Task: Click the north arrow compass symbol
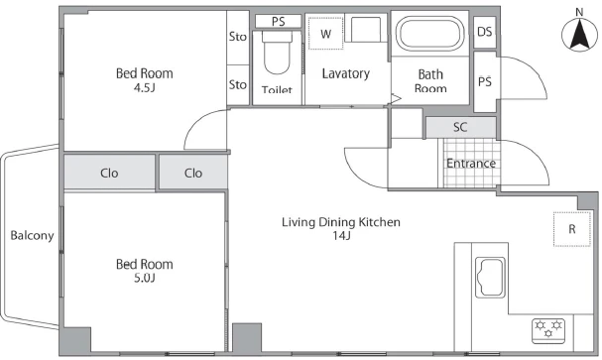point(579,34)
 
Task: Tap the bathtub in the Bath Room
point(429,33)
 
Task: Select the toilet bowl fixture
point(277,53)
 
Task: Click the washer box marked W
point(325,33)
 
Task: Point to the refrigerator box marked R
point(571,229)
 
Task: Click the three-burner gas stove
point(548,330)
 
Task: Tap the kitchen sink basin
point(490,277)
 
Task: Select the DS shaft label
point(485,32)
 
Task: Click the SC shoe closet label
point(460,127)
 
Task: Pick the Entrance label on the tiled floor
point(471,164)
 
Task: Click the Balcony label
point(32,235)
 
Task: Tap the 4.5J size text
point(145,88)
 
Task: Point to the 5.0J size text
point(145,278)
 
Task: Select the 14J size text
point(341,236)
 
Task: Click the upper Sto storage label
point(238,37)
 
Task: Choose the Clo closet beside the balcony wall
point(109,174)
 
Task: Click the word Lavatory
point(345,73)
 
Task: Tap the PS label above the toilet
point(278,22)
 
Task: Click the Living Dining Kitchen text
point(341,222)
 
